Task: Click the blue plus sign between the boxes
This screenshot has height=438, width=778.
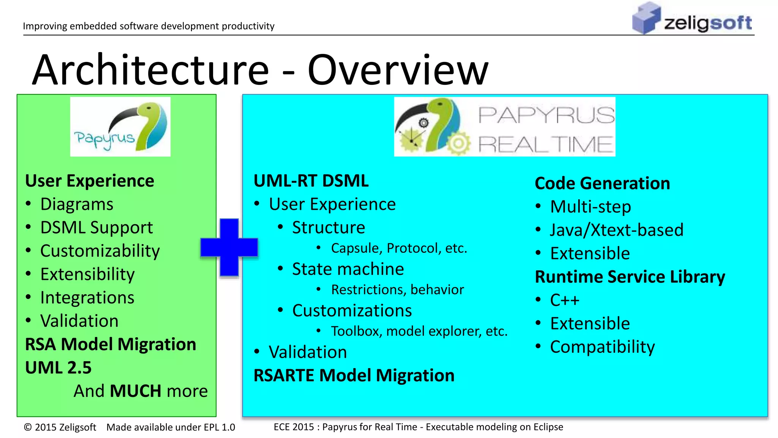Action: [x=229, y=247]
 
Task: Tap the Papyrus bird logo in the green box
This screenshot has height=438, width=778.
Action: [x=120, y=127]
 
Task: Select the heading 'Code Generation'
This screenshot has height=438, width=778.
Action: [x=602, y=184]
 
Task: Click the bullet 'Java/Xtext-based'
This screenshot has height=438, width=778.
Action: [x=616, y=230]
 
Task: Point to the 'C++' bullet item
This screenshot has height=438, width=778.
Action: [x=565, y=300]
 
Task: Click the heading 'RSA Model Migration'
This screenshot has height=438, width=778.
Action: [x=111, y=344]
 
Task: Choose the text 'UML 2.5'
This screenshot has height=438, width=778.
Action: [x=58, y=368]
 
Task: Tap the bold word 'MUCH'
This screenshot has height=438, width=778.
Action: [x=135, y=391]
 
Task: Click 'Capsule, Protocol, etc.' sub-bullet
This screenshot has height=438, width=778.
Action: [x=398, y=248]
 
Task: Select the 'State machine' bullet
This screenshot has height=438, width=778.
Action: [x=348, y=269]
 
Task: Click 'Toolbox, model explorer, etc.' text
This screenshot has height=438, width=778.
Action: [x=419, y=331]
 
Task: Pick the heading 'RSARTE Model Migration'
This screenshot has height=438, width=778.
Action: [x=354, y=376]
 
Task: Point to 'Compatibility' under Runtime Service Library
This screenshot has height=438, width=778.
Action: [x=602, y=347]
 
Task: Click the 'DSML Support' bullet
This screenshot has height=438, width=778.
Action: [x=96, y=228]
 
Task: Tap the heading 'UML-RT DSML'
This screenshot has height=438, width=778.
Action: [x=311, y=181]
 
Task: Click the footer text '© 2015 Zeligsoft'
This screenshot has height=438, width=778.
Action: [x=60, y=427]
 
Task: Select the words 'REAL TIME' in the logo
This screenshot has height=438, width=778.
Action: [x=545, y=145]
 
